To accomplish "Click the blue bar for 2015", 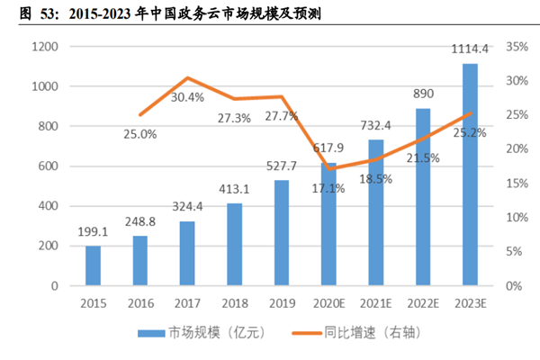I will coord(94,265).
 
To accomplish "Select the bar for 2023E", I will coord(470,175).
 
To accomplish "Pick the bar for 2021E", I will coord(375,212).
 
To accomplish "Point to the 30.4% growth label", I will coord(187,96).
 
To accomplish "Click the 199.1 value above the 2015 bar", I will coord(94,232).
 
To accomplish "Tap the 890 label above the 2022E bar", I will coord(423,94).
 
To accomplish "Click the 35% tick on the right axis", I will coord(516,47).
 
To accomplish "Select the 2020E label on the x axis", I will coord(328,303).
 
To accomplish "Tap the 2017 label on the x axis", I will coord(187,303).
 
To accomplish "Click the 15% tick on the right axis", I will coord(516,184).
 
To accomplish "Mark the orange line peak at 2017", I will coord(187,78).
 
